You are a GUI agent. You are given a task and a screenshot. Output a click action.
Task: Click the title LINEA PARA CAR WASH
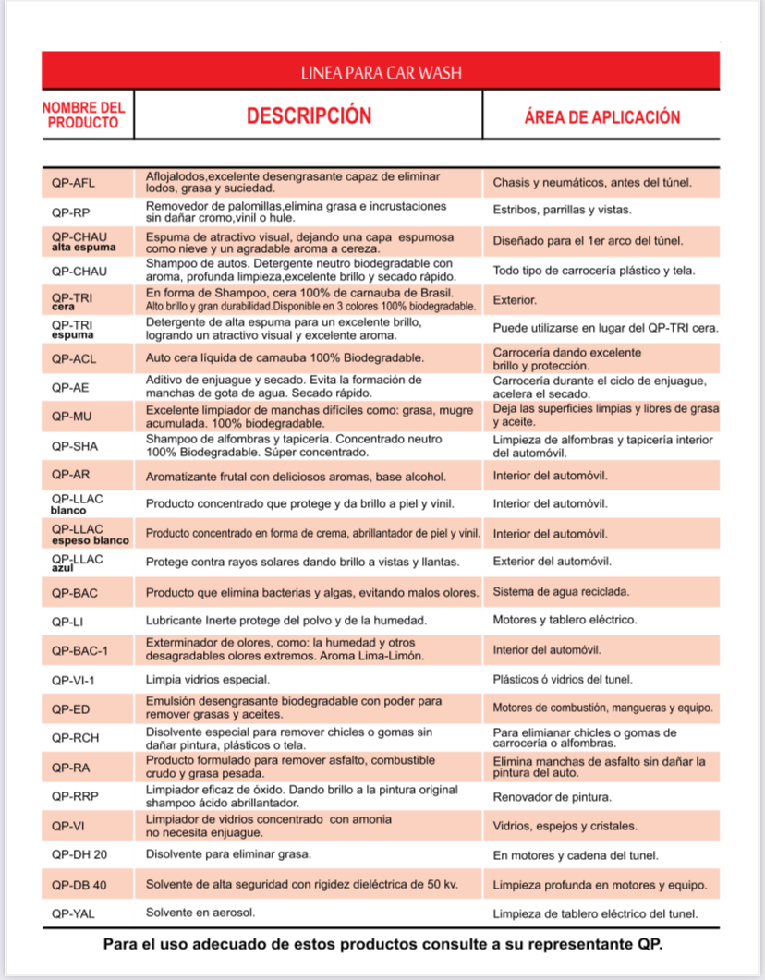pos(381,72)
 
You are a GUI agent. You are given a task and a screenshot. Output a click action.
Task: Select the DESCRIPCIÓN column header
pos(309,115)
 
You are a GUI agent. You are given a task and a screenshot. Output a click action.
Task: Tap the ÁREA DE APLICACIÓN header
pos(601,117)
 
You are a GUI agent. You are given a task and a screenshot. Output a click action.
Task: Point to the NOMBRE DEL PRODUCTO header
pos(83,115)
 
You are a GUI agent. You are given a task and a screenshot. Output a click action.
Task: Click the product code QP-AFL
pos(73,182)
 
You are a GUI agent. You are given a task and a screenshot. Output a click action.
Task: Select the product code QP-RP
pos(70,212)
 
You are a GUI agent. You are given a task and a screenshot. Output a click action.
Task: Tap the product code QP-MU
pos(70,417)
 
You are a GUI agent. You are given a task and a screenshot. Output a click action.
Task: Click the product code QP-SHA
pos(75,446)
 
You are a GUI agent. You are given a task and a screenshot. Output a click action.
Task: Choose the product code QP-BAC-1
pos(80,650)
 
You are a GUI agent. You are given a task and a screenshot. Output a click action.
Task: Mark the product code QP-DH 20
pos(79,854)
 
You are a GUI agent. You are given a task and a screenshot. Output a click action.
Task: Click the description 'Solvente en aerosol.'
pos(200,913)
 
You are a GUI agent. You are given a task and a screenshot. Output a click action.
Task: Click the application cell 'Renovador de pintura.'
pos(552,796)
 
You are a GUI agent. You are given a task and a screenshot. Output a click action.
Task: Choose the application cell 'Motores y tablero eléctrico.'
pos(565,621)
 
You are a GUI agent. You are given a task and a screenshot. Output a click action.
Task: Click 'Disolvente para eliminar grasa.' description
pos(228,854)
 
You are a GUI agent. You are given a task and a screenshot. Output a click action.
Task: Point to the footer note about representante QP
pos(382,946)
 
